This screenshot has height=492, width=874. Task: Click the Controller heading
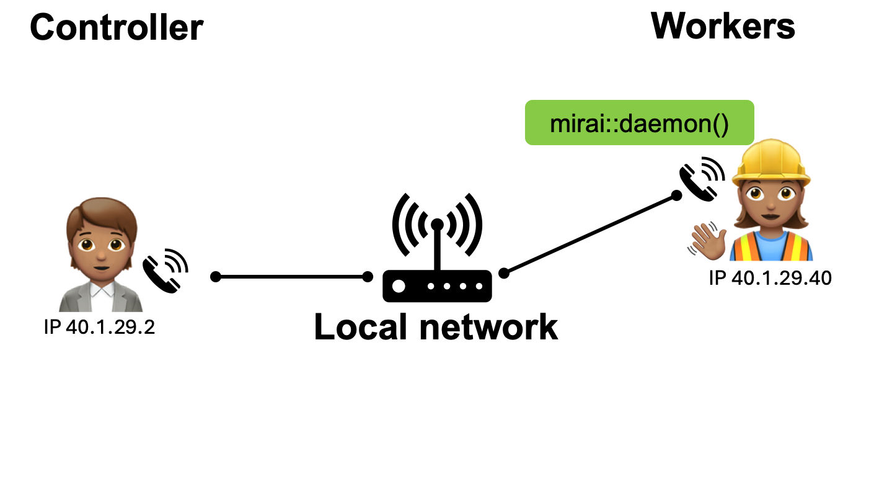click(117, 28)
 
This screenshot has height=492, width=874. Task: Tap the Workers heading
click(723, 26)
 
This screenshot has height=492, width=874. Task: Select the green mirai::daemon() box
click(639, 123)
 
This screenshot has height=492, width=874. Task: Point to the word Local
click(361, 327)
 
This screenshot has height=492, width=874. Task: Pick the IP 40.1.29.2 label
click(99, 327)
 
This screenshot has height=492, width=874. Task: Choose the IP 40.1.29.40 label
click(770, 278)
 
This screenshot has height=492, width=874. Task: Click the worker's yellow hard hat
click(772, 161)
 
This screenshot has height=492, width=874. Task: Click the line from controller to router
click(291, 277)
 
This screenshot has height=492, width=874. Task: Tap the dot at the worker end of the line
click(676, 196)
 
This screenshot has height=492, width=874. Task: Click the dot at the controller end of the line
click(216, 277)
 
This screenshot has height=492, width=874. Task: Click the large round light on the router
click(399, 287)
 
